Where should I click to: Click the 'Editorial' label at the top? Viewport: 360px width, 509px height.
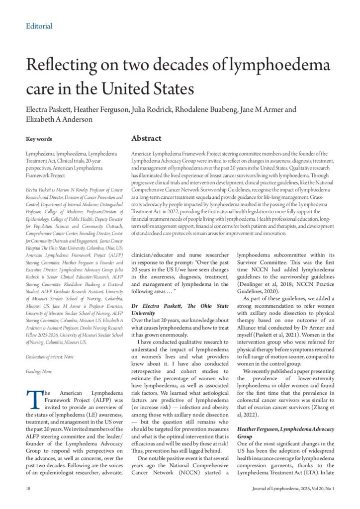[39, 26]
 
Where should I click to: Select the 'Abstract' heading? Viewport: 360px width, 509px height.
[146, 138]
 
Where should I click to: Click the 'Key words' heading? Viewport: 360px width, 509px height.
[39, 139]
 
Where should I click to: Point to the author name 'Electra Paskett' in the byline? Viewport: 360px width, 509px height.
[50, 109]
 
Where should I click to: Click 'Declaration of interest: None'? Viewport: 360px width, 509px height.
[49, 357]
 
